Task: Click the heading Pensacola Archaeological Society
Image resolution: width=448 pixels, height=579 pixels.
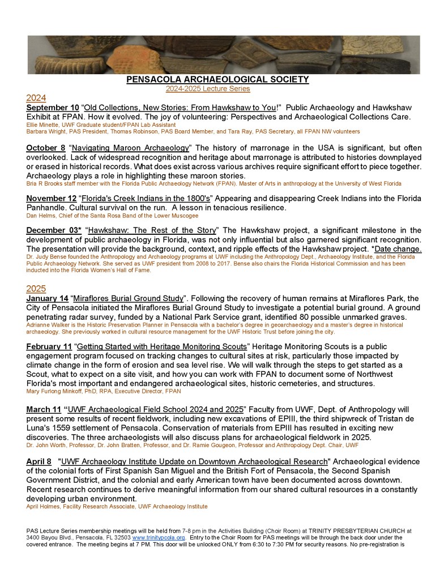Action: (x=225, y=80)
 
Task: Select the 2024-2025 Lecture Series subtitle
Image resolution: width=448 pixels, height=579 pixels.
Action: (x=207, y=89)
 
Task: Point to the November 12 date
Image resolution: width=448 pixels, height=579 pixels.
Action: (x=53, y=198)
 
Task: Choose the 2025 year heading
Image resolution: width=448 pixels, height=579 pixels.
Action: (x=36, y=288)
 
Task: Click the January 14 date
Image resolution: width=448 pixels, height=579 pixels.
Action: (x=48, y=298)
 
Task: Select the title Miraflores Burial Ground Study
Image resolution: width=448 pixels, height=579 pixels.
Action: (x=138, y=298)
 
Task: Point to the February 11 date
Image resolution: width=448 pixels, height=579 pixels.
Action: (x=49, y=346)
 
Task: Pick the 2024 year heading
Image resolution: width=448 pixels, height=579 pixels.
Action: (x=36, y=97)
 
